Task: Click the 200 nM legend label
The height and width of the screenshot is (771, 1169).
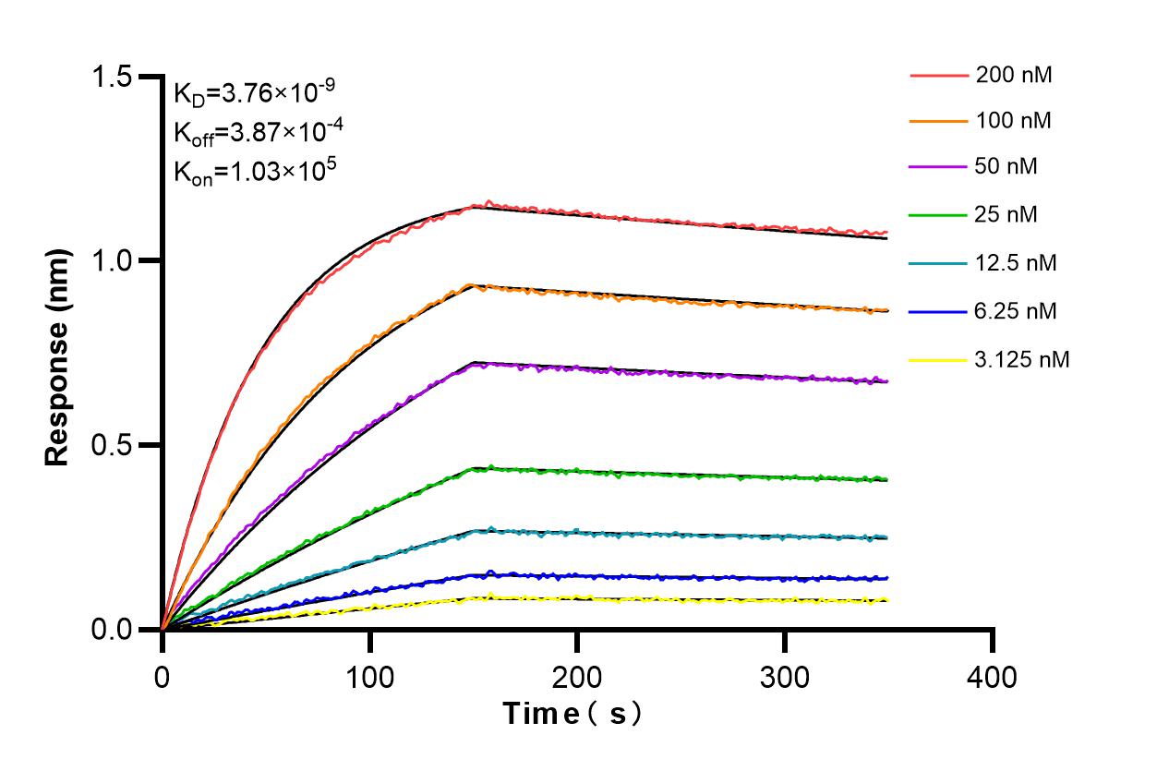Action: coord(1013,75)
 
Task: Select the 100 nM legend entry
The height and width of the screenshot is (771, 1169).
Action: coord(1013,120)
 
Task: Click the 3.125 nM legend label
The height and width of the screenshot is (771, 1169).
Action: coord(1022,359)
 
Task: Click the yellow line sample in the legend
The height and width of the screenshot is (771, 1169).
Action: coord(937,359)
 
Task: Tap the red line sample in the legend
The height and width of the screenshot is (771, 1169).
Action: coord(937,75)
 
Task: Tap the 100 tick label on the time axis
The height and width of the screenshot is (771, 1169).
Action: coord(369,677)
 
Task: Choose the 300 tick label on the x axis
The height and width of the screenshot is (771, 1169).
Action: coord(785,677)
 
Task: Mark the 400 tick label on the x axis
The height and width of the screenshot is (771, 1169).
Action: coord(993,677)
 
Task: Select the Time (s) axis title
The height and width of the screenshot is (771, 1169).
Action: coord(572,713)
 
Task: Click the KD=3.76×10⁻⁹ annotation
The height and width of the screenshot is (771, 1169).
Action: coord(254,92)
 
